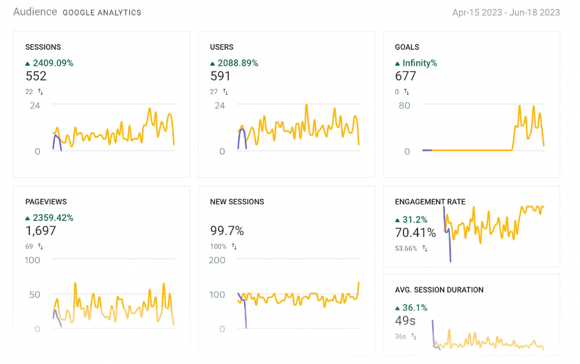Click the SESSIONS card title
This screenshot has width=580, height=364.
pyautogui.click(x=43, y=47)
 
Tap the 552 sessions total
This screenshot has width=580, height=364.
pyautogui.click(x=36, y=76)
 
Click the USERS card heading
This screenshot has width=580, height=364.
pyautogui.click(x=222, y=47)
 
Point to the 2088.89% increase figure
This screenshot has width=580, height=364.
pyautogui.click(x=237, y=63)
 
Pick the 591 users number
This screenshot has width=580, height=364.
pyautogui.click(x=221, y=76)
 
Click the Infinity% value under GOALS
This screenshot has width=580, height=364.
pyautogui.click(x=419, y=63)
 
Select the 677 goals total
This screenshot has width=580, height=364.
pyautogui.click(x=405, y=76)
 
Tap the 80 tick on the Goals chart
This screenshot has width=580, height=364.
pyautogui.click(x=404, y=105)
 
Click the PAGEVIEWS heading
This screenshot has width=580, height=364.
pyautogui.click(x=46, y=202)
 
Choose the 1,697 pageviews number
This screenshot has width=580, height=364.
pyautogui.click(x=41, y=231)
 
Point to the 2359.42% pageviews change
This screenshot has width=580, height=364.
pyautogui.click(x=52, y=218)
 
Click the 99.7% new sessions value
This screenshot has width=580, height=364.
pyautogui.click(x=227, y=231)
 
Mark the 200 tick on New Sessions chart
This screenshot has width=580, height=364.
pyautogui.click(x=217, y=260)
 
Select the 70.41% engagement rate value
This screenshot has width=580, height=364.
pyautogui.click(x=416, y=232)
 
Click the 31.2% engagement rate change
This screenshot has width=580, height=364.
pyautogui.click(x=414, y=220)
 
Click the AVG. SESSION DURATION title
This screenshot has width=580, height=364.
pyautogui.click(x=439, y=290)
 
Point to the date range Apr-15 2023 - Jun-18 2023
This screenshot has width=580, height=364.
pyautogui.click(x=506, y=12)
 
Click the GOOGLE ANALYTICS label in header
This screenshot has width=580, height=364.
pyautogui.click(x=102, y=13)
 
